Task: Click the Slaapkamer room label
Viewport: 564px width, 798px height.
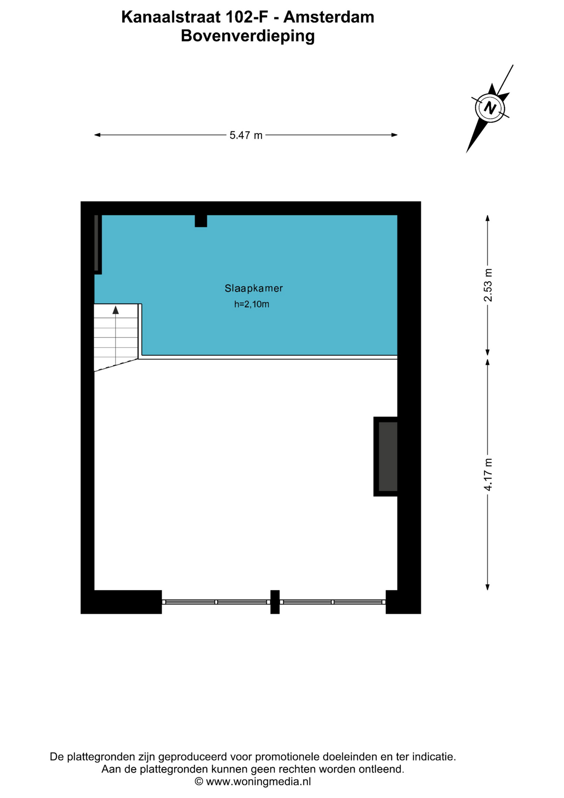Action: (x=254, y=288)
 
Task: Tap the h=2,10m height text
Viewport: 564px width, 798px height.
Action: (x=252, y=304)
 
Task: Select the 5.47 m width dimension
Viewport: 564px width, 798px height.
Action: (x=246, y=135)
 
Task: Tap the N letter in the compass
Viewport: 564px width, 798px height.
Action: (x=490, y=108)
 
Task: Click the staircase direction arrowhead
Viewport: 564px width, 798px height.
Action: (x=116, y=310)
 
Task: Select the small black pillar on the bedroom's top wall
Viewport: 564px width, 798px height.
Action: (x=201, y=221)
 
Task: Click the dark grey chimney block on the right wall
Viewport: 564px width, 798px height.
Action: (x=388, y=456)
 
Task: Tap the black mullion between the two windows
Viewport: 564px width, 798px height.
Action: (x=275, y=602)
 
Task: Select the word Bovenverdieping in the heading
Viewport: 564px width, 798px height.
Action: (x=248, y=36)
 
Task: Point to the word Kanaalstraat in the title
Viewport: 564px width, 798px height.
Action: (x=171, y=17)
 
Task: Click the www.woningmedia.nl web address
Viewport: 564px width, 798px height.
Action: (x=258, y=782)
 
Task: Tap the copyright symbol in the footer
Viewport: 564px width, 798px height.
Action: (x=199, y=782)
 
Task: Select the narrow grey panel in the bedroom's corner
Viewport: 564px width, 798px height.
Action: (x=96, y=243)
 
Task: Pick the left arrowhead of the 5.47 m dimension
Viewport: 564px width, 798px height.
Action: (x=98, y=135)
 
